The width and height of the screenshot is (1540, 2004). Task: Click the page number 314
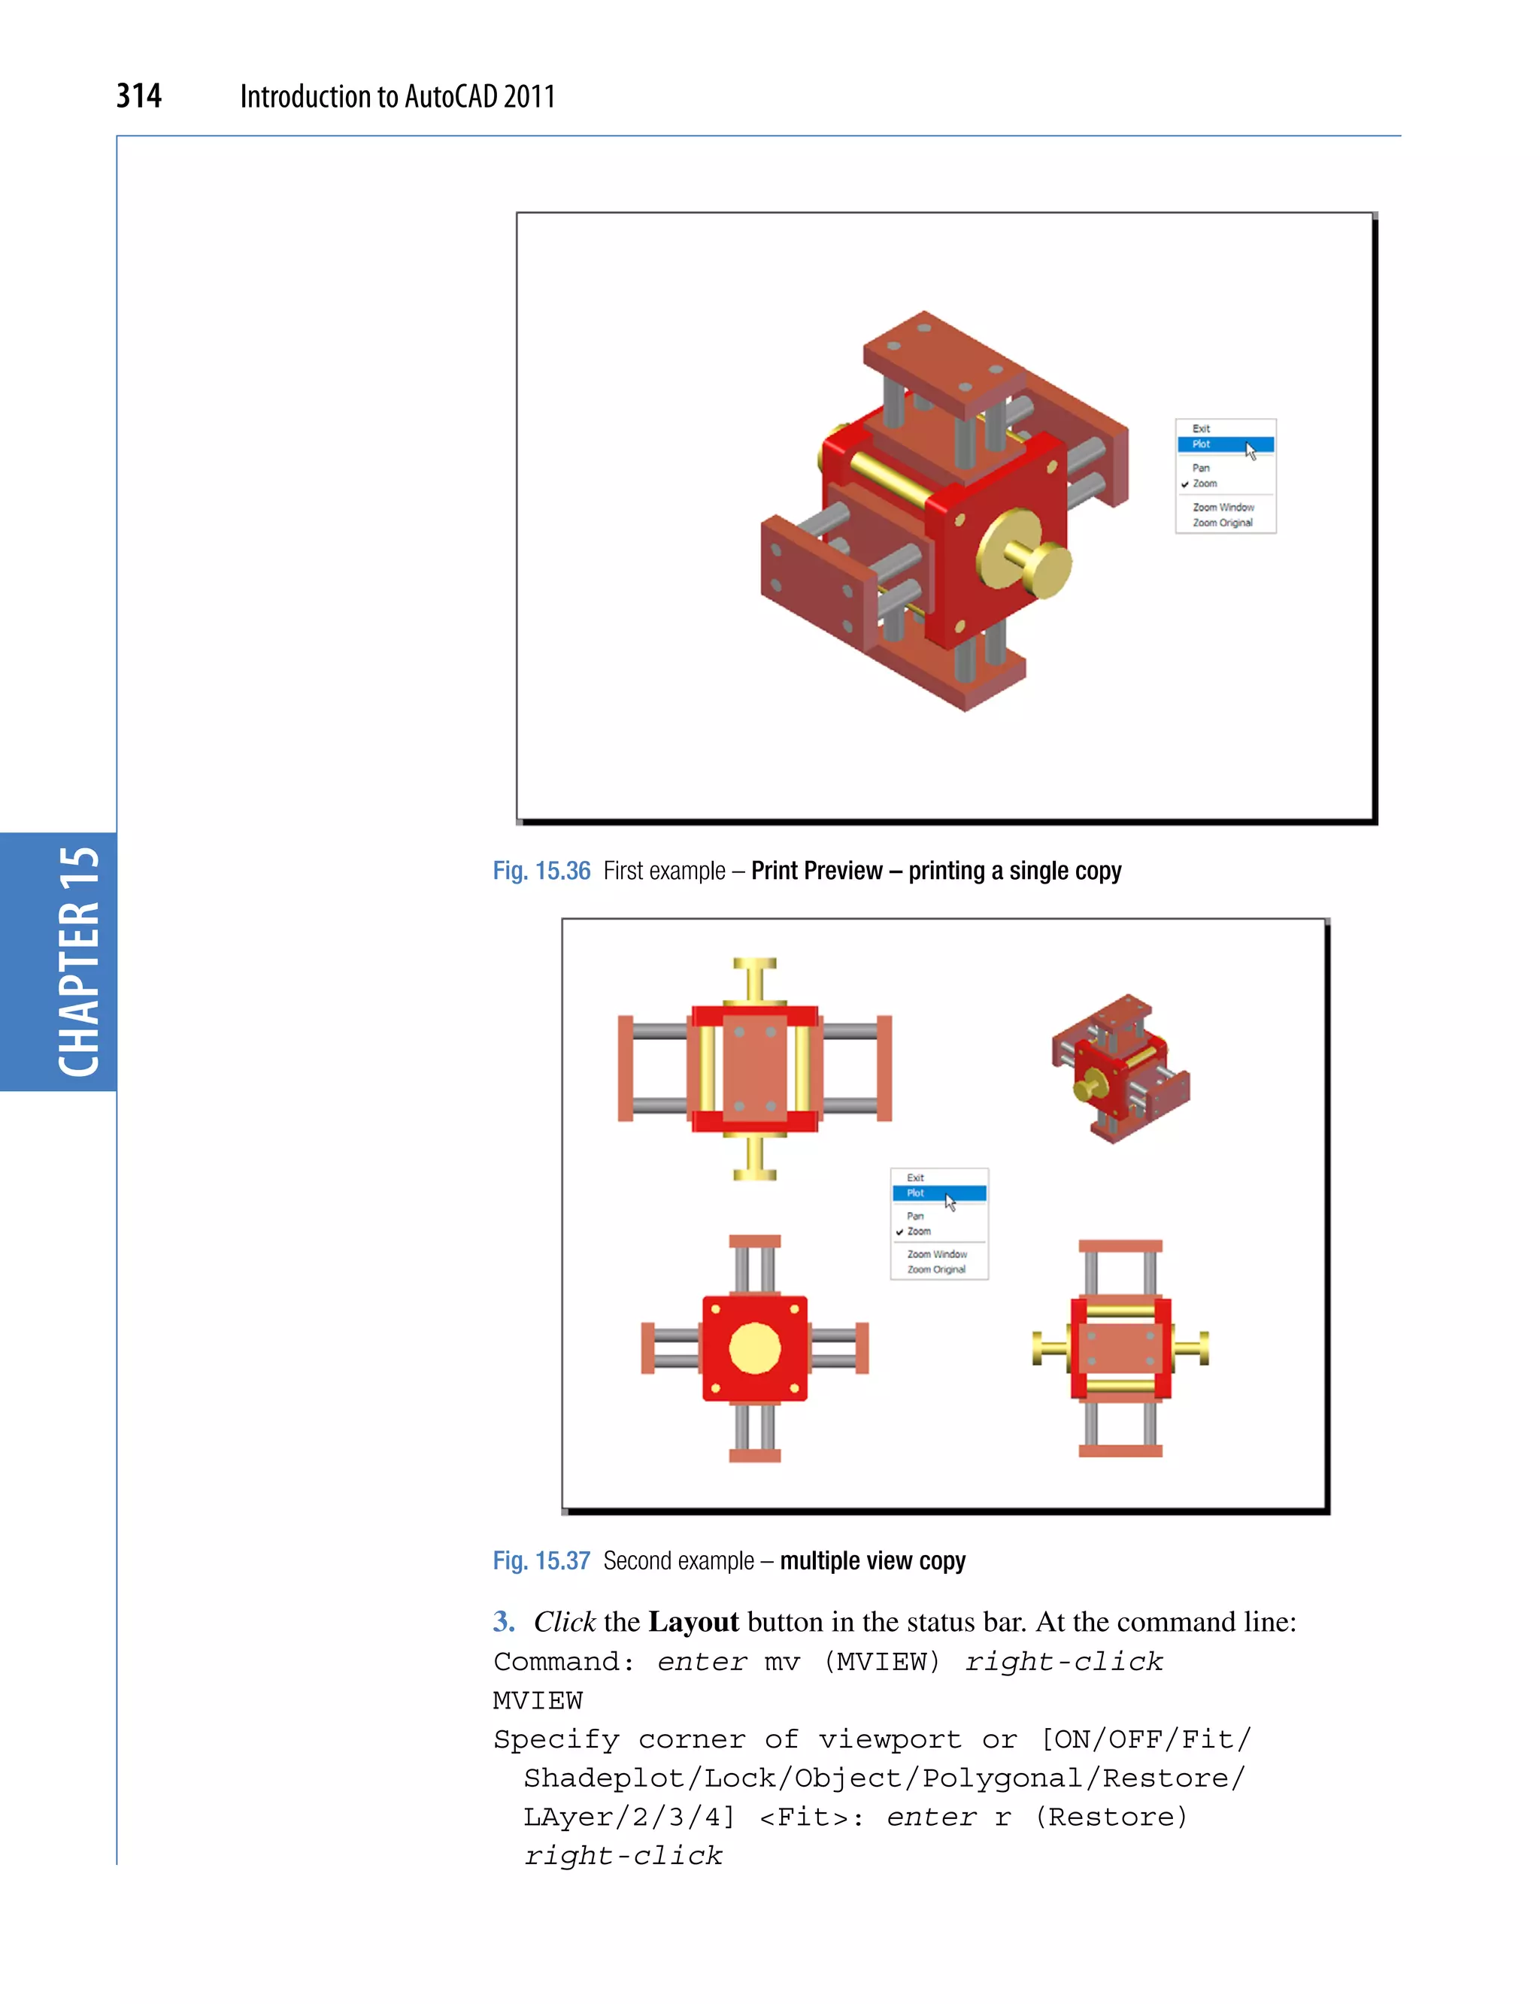click(138, 96)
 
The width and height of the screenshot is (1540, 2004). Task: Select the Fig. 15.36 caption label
click(541, 871)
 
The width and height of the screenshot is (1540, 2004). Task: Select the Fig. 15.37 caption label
click(541, 1560)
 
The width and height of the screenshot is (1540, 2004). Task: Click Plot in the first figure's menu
click(1202, 444)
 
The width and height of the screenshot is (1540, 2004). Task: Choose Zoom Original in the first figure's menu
click(1222, 523)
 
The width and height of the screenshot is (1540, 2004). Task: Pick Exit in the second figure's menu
click(915, 1177)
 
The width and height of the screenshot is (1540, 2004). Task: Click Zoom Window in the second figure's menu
click(936, 1254)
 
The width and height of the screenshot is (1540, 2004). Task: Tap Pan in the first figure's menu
click(1200, 468)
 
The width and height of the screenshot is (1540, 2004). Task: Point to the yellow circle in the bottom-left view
click(754, 1348)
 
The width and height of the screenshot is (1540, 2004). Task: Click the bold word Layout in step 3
click(693, 1622)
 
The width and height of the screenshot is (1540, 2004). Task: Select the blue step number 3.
click(502, 1622)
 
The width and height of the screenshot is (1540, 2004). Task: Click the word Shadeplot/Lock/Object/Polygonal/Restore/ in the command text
click(884, 1778)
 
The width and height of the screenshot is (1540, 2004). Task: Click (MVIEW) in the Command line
click(883, 1661)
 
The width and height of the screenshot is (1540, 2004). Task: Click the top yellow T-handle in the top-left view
click(754, 979)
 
